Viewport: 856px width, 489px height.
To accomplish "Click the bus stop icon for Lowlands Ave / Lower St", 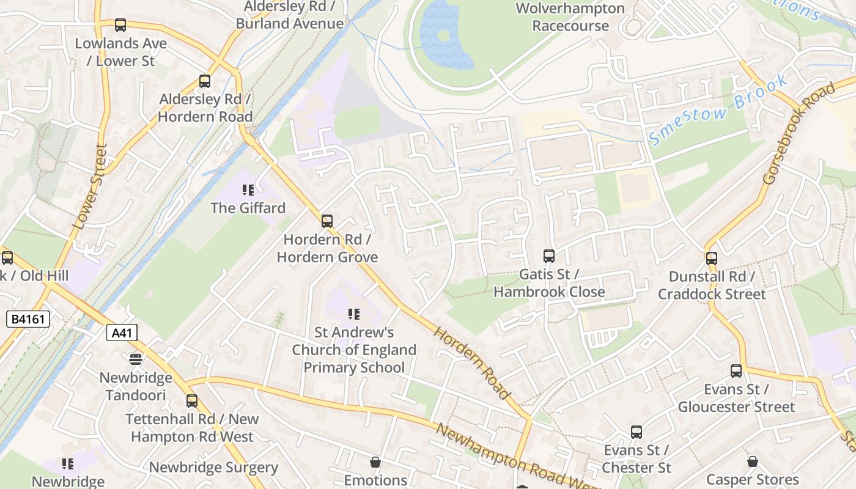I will tap(120, 25).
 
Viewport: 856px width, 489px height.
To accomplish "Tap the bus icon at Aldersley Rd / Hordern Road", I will tap(205, 81).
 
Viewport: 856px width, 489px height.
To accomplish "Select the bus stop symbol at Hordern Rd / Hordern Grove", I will tap(327, 221).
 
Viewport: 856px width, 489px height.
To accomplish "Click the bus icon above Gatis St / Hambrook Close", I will tap(549, 256).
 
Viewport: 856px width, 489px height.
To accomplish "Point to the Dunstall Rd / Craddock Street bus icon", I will tap(711, 258).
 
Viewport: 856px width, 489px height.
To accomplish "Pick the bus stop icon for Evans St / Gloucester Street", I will tap(736, 371).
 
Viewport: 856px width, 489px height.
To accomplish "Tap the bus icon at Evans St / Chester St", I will tap(636, 432).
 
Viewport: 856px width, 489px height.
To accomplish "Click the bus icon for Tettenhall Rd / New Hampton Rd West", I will tap(192, 401).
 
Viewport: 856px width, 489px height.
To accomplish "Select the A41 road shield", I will tap(122, 333).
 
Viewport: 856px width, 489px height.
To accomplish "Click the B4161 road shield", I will tap(28, 319).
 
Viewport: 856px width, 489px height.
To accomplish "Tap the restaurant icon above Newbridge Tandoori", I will tap(136, 359).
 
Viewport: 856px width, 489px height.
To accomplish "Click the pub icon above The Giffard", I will tap(248, 190).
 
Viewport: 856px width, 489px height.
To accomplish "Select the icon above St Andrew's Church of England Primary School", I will tap(353, 314).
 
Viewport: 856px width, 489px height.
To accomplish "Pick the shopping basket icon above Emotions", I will tap(375, 462).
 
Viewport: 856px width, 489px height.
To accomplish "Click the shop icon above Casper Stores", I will tap(752, 461).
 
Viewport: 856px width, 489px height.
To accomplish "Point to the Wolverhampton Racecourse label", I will tap(570, 17).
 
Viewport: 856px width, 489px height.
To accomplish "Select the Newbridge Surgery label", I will tap(213, 468).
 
